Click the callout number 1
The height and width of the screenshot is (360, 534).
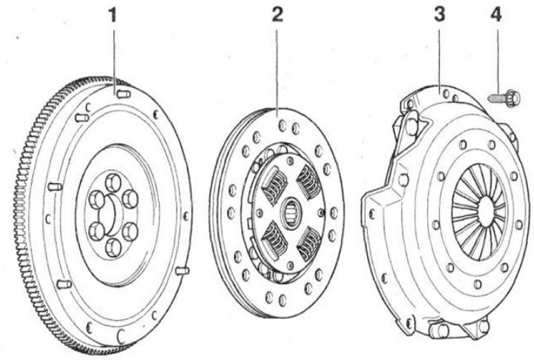pos(112,15)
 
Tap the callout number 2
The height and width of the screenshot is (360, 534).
pos(277,15)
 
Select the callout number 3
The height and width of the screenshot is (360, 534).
pos(439,15)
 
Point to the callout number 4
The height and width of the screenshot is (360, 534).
pos(496,15)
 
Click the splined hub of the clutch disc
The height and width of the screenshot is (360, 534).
pos(290,212)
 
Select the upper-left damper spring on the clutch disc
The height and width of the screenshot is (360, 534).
pos(274,185)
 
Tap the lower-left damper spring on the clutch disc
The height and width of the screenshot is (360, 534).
pos(274,238)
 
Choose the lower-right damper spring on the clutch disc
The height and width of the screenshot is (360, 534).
pos(309,244)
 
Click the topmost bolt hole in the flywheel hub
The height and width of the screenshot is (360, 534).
pos(113,182)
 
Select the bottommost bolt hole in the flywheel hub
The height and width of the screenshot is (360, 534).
pos(113,247)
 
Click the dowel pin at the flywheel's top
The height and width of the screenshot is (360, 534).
pos(123,94)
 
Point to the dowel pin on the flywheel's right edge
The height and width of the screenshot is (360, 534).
pos(182,271)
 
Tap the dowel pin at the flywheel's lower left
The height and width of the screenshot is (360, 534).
pos(64,284)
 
